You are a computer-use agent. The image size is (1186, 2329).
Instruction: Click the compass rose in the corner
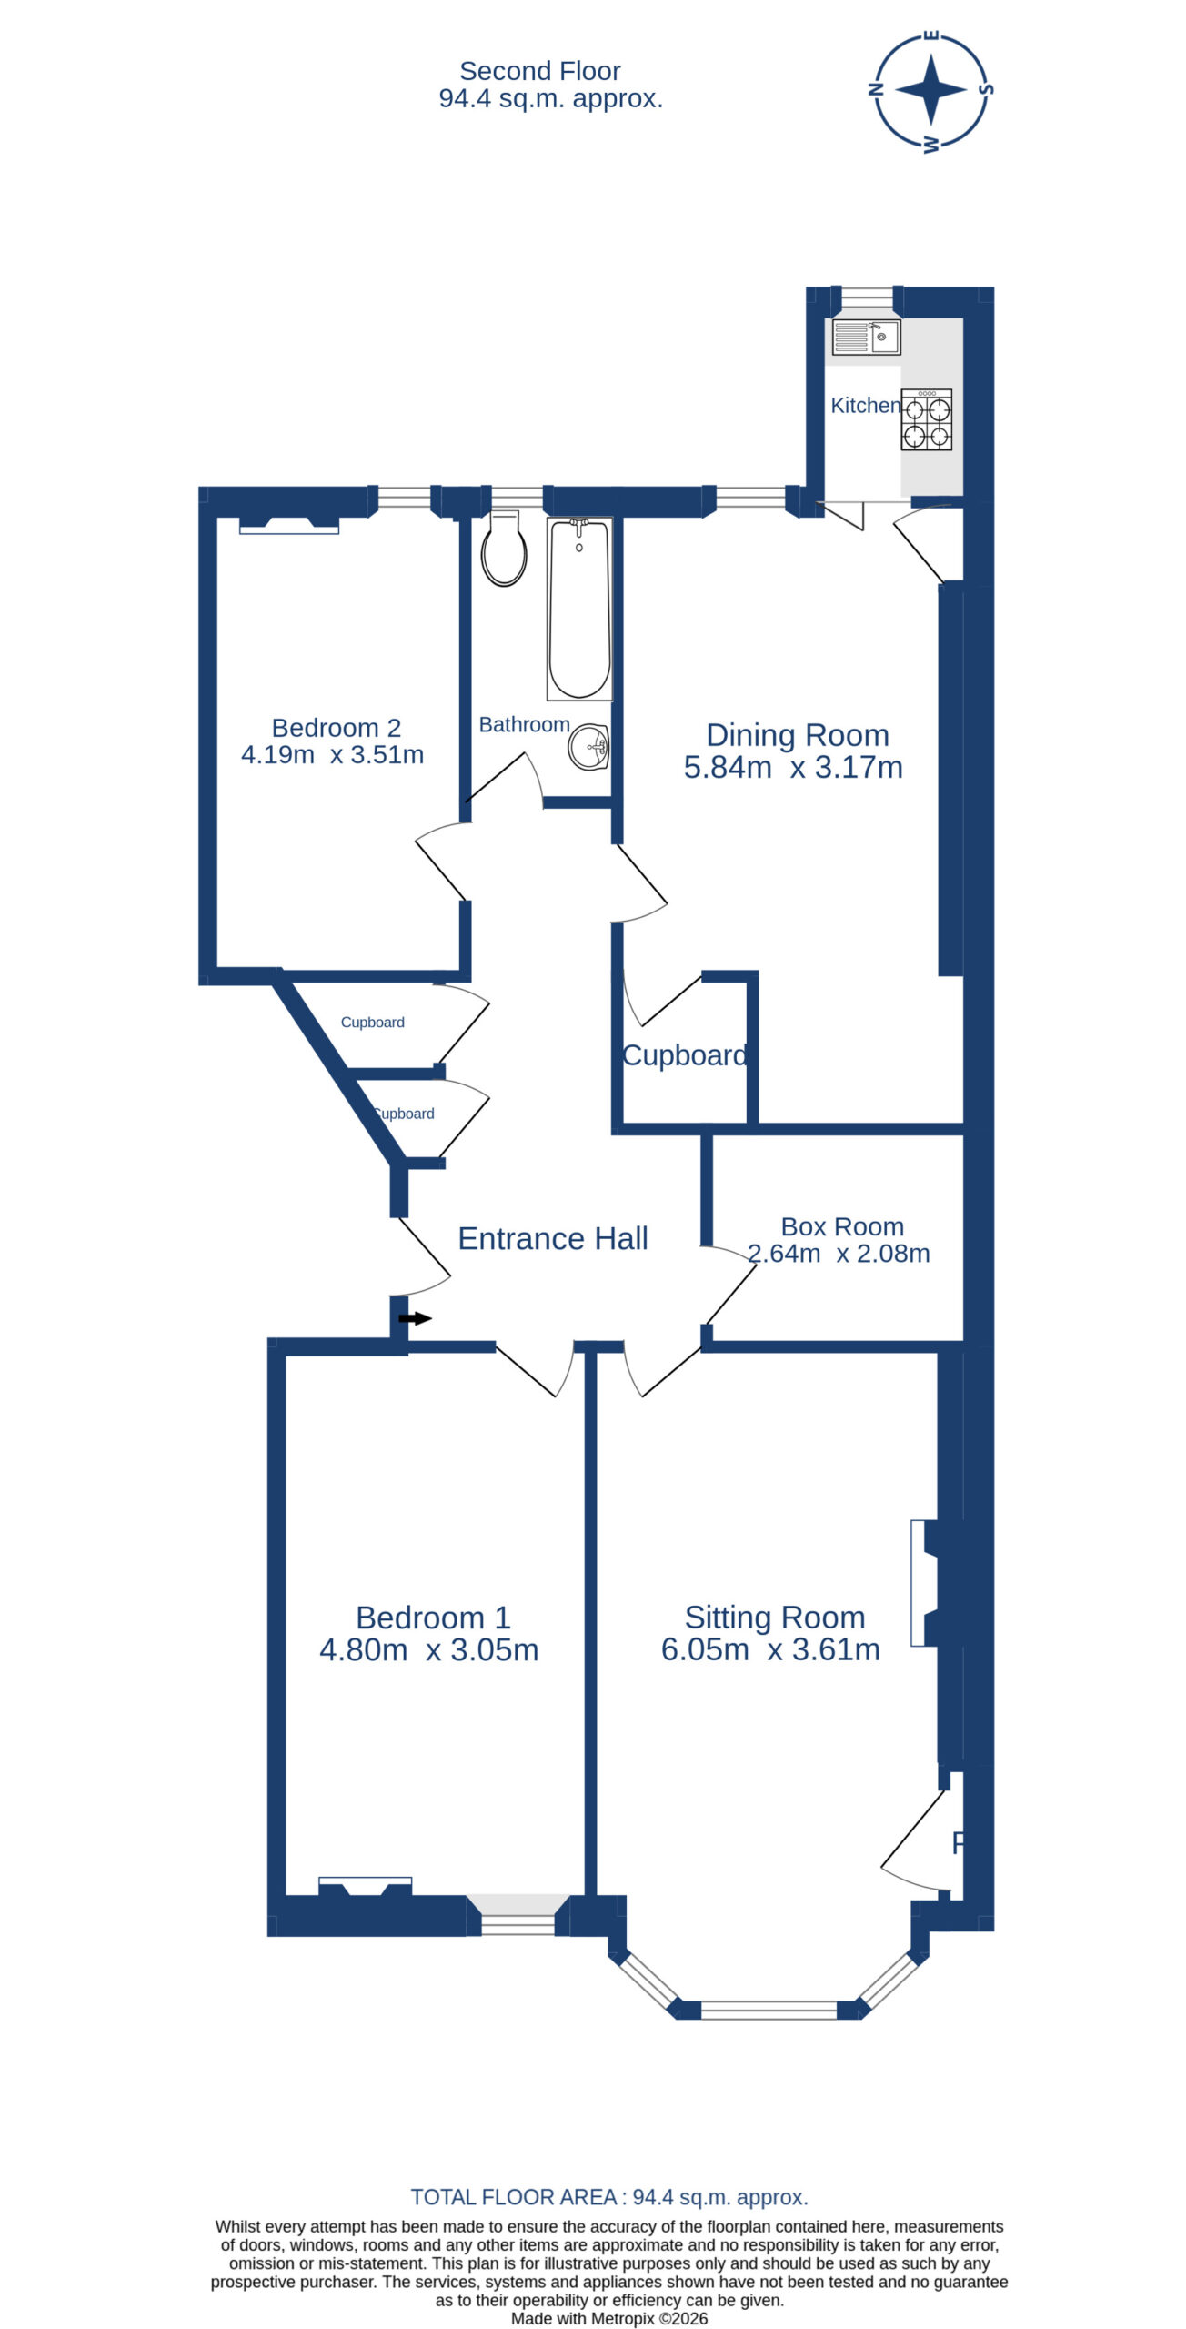click(931, 91)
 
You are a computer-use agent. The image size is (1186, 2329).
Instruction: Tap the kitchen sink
click(866, 337)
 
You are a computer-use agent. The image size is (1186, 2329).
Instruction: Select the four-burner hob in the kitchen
click(927, 419)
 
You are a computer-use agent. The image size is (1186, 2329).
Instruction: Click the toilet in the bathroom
click(504, 549)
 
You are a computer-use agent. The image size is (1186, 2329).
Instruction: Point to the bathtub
click(579, 609)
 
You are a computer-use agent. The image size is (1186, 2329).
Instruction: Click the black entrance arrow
click(415, 1318)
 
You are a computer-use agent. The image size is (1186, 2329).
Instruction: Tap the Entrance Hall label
click(553, 1238)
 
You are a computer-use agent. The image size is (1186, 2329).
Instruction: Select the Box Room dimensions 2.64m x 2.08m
click(839, 1254)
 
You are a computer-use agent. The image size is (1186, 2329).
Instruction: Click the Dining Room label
click(798, 735)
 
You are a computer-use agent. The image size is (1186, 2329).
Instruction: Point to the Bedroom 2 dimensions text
click(333, 755)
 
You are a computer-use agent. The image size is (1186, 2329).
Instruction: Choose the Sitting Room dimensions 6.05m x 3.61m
click(770, 1649)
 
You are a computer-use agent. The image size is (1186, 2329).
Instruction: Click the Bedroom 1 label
click(433, 1618)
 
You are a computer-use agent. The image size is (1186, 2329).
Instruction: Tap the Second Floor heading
click(540, 71)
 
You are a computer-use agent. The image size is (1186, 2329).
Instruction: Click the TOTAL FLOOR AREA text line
click(609, 2197)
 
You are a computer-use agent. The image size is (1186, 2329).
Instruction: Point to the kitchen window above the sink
click(867, 297)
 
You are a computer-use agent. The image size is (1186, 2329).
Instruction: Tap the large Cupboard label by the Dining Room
click(685, 1055)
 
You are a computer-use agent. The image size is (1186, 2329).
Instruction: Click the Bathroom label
click(525, 724)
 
